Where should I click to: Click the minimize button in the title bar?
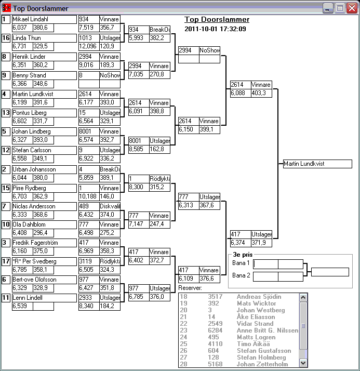click(328, 8)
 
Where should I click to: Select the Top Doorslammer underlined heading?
click(217, 20)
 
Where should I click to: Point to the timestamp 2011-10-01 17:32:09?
click(215, 29)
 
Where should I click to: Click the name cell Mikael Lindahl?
click(44, 19)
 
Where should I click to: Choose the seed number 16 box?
click(6, 38)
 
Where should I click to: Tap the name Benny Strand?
click(44, 75)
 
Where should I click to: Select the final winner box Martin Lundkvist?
click(317, 164)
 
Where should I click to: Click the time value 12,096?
click(88, 46)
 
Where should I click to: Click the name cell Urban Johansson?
click(44, 169)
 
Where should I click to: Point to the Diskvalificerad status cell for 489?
click(110, 206)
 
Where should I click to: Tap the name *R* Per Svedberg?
click(44, 261)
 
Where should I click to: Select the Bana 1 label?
click(241, 263)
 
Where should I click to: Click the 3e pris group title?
click(242, 255)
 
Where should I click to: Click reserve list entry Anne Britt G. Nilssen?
click(268, 330)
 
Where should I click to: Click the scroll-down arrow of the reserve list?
click(303, 363)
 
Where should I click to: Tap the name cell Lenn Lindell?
click(44, 298)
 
